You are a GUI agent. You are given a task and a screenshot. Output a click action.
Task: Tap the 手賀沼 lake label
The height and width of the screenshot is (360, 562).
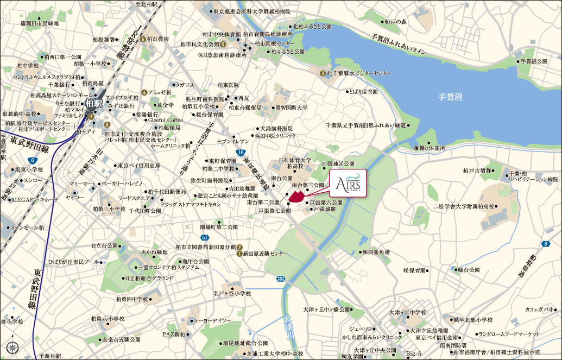coord(450,97)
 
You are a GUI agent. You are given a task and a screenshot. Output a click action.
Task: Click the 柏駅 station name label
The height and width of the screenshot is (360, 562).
coord(94,102)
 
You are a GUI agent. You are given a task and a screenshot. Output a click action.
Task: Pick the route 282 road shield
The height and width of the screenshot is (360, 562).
coord(280,278)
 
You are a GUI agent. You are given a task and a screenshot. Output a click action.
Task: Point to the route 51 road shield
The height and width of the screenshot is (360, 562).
coord(204,238)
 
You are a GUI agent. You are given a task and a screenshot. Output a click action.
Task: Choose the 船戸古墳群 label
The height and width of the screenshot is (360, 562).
coord(477,170)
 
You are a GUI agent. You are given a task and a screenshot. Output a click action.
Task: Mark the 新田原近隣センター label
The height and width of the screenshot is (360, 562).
coord(265,254)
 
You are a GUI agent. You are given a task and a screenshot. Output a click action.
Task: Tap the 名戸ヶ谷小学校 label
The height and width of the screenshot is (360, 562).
coord(232,294)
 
